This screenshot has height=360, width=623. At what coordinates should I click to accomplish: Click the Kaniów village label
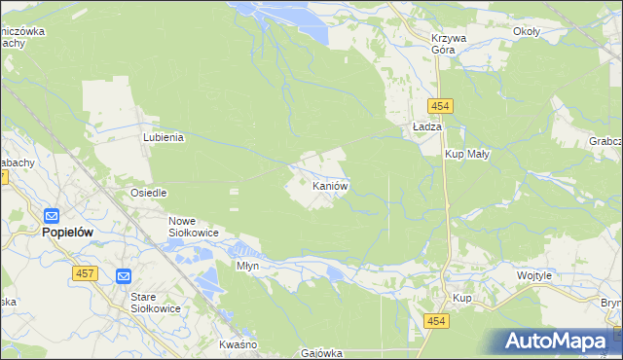pos(330,185)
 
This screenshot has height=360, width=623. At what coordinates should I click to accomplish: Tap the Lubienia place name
pos(164,138)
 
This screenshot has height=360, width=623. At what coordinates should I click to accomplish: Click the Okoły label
pos(527,31)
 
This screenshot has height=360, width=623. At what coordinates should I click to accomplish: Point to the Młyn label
pos(248,265)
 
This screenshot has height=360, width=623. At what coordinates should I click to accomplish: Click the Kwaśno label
pos(238,345)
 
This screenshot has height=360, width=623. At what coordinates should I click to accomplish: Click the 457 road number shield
pos(83,274)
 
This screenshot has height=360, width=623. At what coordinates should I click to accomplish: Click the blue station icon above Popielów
pos(52,216)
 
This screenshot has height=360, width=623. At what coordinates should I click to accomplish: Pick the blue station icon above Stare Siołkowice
pos(124,276)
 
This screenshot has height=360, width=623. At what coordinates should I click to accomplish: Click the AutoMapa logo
pos(558,342)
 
